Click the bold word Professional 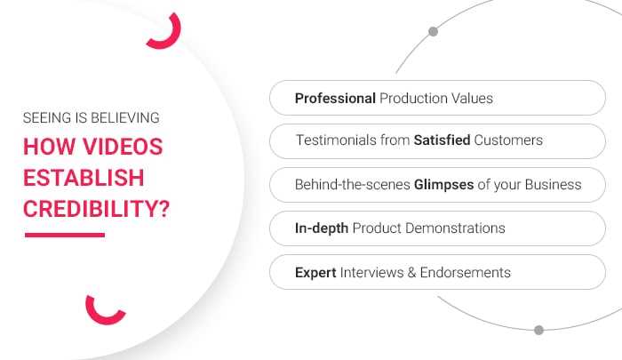coord(335,98)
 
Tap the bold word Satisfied coord(439,140)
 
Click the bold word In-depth coord(322,228)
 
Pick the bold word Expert coord(315,272)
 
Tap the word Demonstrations coord(454,228)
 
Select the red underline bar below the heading coord(64,235)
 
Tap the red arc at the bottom coord(104,311)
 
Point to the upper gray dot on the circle coord(433,32)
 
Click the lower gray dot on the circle coord(538,330)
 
